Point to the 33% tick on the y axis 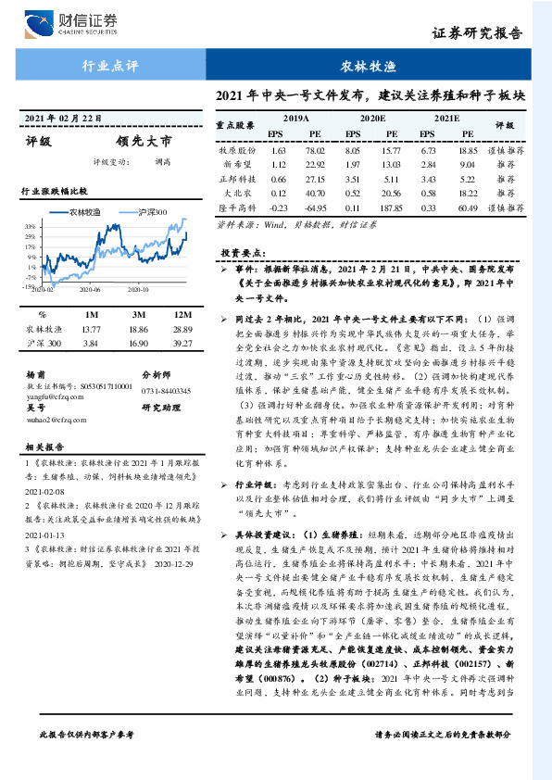31,226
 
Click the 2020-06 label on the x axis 90,289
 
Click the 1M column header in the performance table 91,315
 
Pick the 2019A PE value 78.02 315,149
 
